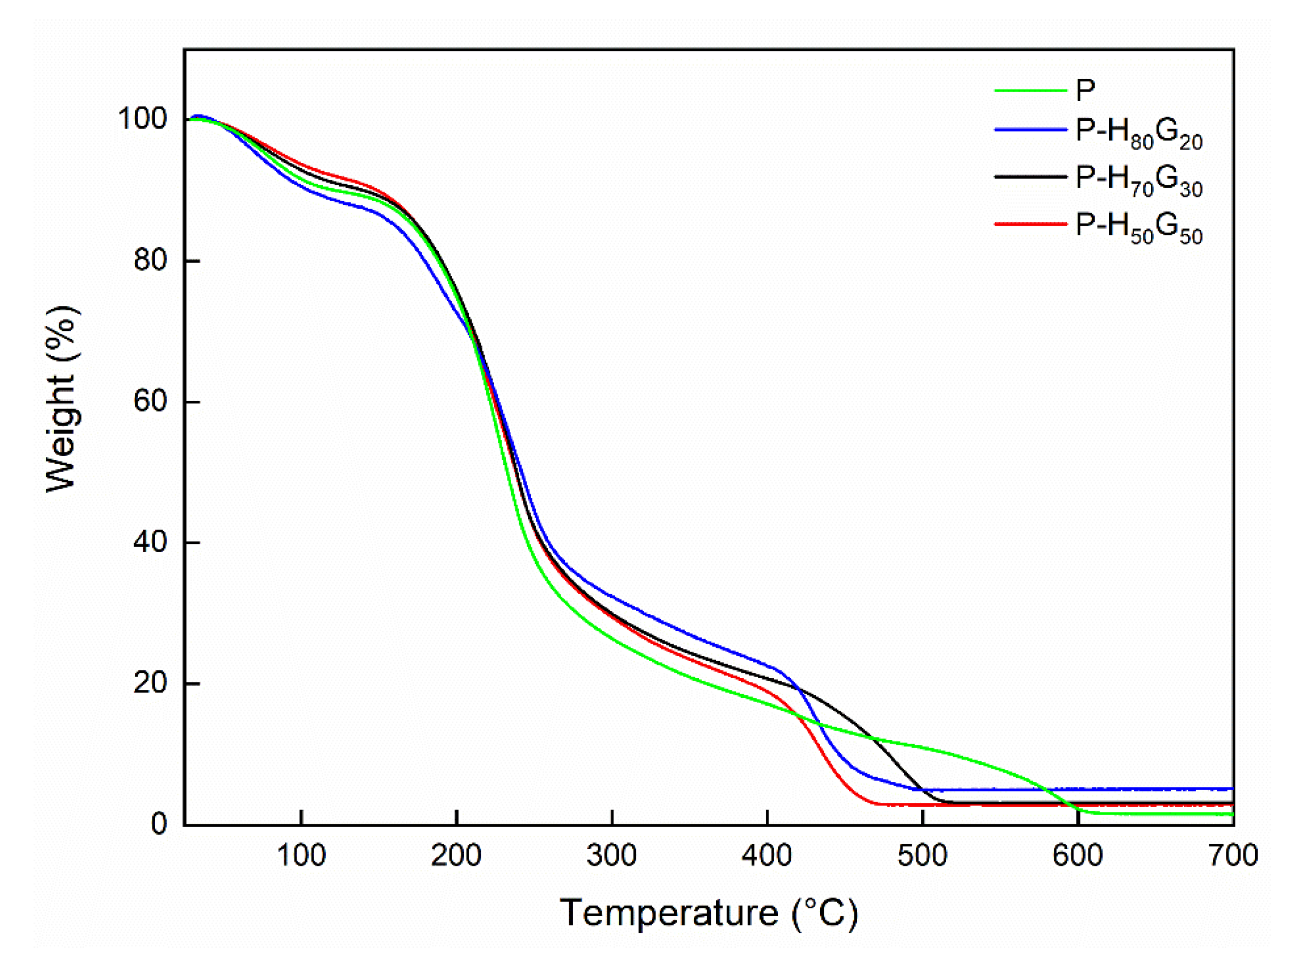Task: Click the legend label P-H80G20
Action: coord(1138,134)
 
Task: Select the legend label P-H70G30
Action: coord(1138,180)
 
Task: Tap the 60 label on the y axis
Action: coord(151,401)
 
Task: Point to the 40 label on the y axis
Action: coord(151,542)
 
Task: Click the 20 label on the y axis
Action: coord(151,682)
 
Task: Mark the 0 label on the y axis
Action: coord(159,824)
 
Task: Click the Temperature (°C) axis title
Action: coord(708,913)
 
